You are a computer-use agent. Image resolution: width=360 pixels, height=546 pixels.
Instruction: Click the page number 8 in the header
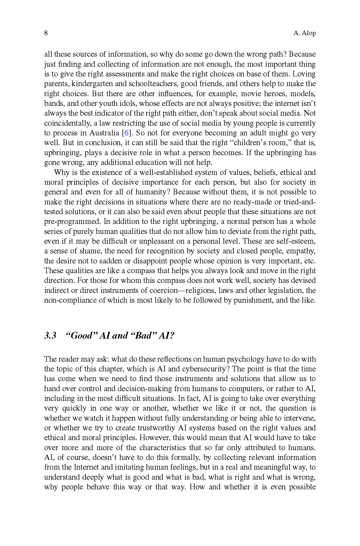46,33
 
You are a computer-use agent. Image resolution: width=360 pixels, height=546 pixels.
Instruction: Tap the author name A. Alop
305,33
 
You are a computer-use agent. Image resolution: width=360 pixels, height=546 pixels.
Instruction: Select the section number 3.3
50,335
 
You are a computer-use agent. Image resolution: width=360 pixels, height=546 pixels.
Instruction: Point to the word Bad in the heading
143,335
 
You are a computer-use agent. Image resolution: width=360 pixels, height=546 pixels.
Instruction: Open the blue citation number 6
127,133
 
